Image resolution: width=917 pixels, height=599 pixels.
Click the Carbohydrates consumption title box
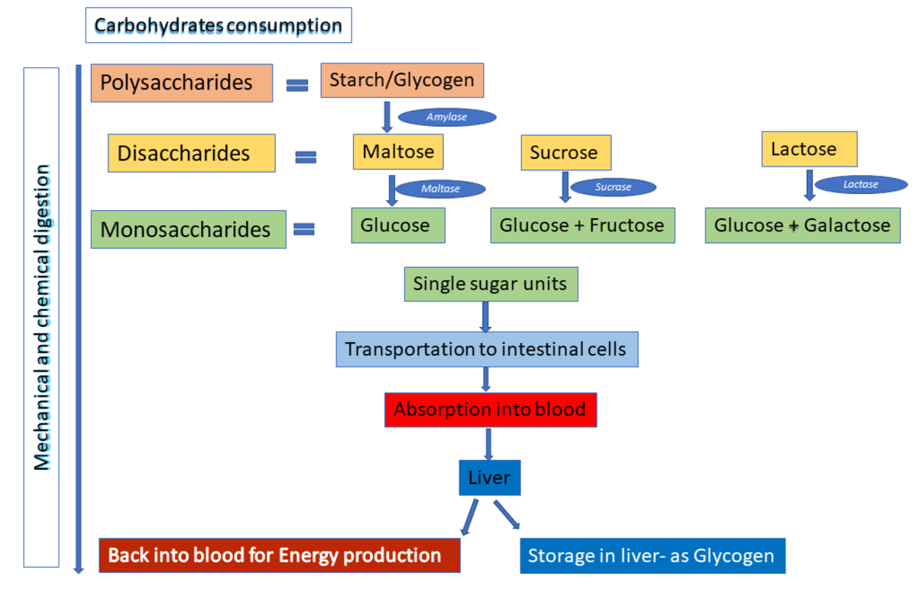point(218,25)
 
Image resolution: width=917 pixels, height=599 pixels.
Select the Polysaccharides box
point(182,83)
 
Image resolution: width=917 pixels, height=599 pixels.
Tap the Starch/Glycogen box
point(402,80)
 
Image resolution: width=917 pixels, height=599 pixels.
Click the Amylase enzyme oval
point(447,117)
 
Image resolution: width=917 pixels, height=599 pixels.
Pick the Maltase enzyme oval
point(440,189)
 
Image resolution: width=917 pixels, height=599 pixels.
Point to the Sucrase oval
point(613,187)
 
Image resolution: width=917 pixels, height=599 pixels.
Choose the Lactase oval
point(860,184)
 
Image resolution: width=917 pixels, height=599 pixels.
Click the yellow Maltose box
point(398,151)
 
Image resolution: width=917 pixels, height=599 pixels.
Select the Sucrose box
point(565,152)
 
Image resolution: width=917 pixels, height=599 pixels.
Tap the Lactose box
point(808,149)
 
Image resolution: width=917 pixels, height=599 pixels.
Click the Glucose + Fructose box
point(582,225)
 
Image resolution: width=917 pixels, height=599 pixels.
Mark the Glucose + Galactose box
point(802,225)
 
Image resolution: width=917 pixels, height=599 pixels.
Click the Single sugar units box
point(490,284)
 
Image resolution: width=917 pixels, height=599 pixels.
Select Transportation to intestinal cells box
point(486,349)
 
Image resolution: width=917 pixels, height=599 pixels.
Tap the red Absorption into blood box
point(490,410)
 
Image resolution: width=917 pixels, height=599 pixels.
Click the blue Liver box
point(489,478)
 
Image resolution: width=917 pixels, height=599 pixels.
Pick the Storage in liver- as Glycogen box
point(652,555)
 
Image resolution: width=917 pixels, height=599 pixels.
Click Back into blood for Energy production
point(280,555)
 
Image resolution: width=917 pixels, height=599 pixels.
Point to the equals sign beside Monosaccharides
point(304,229)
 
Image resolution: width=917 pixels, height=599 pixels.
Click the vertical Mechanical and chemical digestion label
point(42,317)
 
